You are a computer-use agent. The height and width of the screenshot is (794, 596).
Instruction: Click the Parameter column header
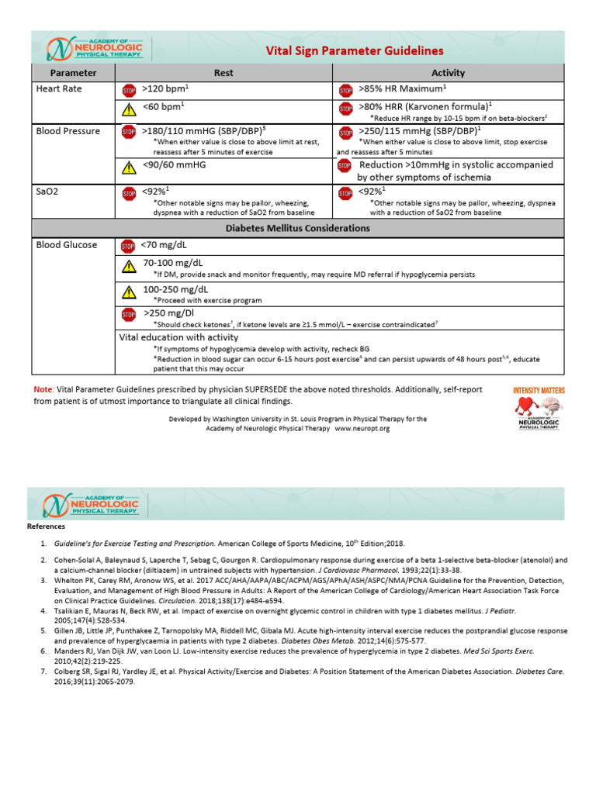pos(73,73)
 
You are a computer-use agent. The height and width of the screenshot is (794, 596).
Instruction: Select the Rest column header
pos(223,73)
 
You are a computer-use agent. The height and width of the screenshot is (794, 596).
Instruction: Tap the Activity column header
pos(448,73)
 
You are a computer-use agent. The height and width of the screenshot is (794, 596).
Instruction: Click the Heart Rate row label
pos(58,89)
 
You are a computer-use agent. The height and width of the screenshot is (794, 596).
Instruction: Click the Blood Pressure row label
pos(68,131)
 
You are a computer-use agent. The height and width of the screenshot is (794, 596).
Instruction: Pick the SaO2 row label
pos(49,189)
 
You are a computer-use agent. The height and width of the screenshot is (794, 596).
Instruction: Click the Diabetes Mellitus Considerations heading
pos(298,228)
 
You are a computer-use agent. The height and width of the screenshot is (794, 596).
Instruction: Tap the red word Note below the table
pos(43,389)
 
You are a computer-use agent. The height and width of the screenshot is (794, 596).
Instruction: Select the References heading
pos(47,526)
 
